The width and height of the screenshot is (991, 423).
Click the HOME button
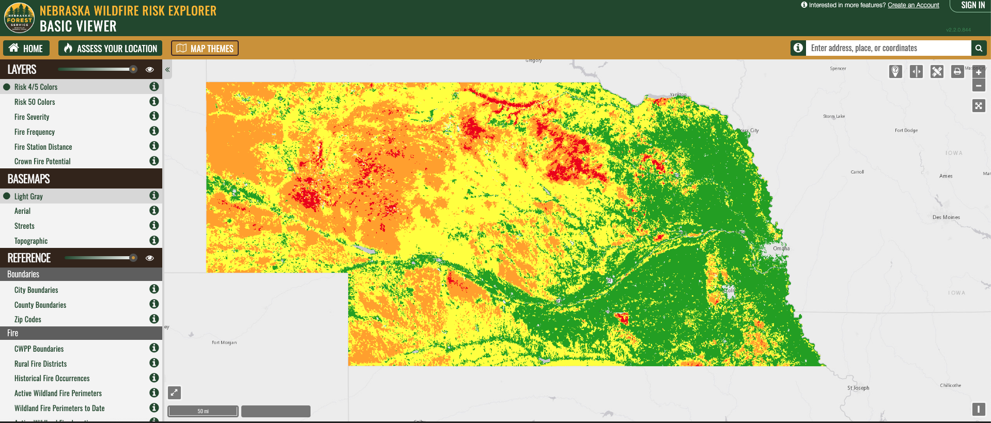coord(26,48)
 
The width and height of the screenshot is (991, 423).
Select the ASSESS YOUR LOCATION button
coord(110,48)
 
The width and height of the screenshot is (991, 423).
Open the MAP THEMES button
coord(205,48)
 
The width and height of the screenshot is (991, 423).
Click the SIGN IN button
coord(972,5)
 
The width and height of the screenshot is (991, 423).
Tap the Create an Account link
coord(913,5)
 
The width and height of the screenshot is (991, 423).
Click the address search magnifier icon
coord(979,48)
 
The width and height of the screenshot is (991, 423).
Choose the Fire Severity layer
coord(32,117)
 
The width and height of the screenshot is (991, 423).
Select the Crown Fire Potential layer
coord(42,162)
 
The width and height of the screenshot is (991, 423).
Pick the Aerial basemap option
coord(23,211)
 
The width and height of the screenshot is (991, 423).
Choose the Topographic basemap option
coord(31,241)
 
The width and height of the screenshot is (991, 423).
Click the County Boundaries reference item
coord(40,305)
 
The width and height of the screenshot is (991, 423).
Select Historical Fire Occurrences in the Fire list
coord(52,379)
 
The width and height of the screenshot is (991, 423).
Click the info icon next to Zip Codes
coord(154,319)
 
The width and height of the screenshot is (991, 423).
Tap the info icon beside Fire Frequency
coord(154,131)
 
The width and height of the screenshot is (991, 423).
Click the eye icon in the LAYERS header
coord(150,69)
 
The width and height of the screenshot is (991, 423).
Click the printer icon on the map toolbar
coord(957,71)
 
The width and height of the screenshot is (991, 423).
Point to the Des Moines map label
coord(946,217)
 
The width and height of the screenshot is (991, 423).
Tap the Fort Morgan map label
coord(224,342)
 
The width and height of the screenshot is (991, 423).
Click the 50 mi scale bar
coord(203,411)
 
